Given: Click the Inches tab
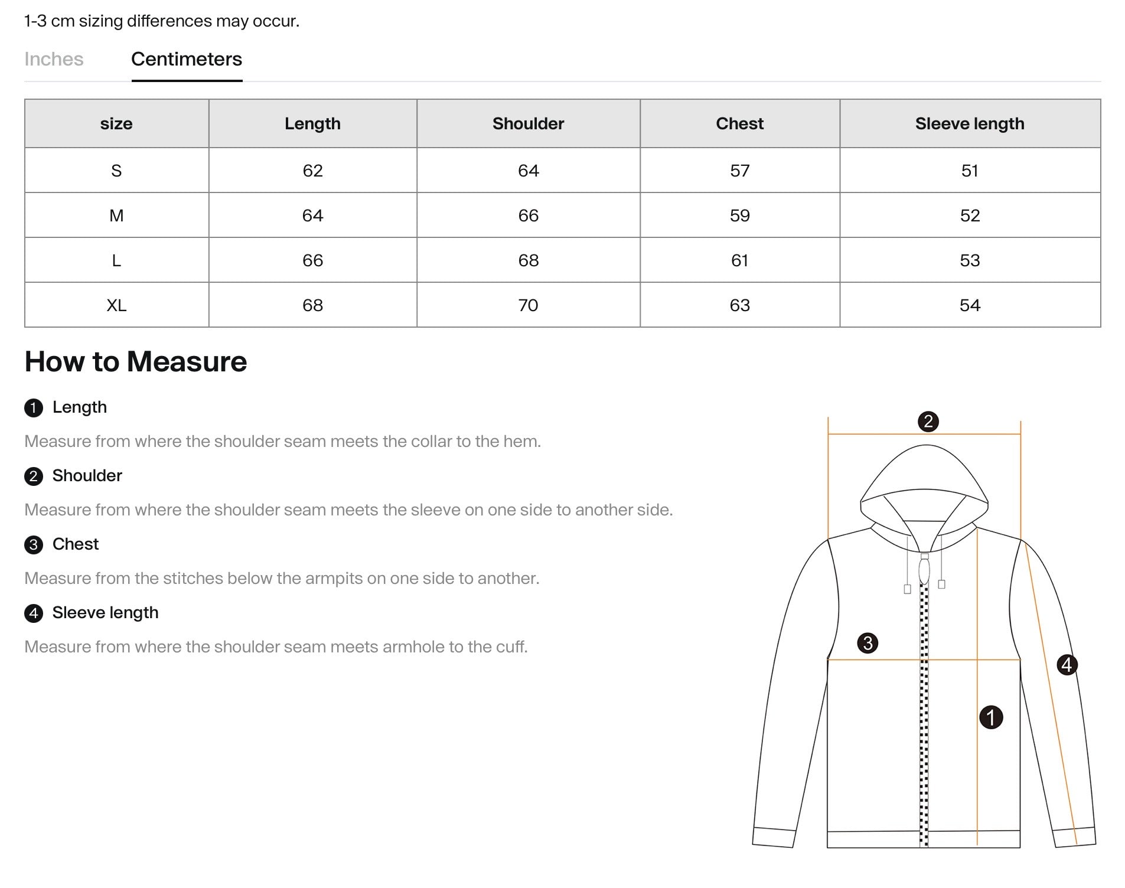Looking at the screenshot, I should pos(54,59).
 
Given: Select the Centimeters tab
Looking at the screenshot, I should pos(186,59).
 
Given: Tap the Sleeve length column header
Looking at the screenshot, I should pos(969,123).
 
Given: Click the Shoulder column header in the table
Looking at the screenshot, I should pos(528,123).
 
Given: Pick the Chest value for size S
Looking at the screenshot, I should pos(739,171).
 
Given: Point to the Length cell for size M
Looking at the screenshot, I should pos(312,216).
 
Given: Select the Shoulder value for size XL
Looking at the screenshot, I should pos(528,305).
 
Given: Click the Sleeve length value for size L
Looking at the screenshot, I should pos(969,260).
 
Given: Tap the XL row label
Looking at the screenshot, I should pos(116,305).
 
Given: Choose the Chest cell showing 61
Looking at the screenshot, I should pos(739,260).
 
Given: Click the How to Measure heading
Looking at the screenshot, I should pos(136,361).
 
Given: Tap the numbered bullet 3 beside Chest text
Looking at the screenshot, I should pos(34,544).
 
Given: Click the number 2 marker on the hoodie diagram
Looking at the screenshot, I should pos(928,422).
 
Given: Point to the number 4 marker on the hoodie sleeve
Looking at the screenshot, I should pos(1067,665).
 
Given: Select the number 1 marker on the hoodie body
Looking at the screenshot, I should pos(991,717).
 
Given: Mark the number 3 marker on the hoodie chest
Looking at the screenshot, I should pos(868,643).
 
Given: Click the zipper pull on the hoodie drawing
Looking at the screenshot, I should pos(924,570).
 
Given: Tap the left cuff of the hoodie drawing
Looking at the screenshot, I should pos(773,838).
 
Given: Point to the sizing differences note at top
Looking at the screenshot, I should pos(162,21).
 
